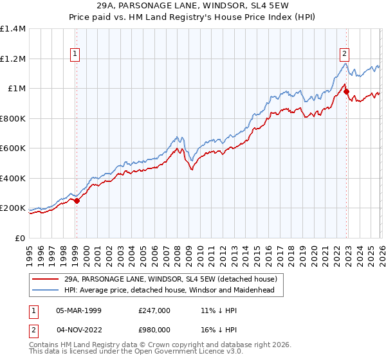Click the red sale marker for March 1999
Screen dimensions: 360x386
[x=77, y=201]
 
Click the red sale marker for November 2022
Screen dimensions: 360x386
[x=346, y=92]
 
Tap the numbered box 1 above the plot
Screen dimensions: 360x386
[x=76, y=54]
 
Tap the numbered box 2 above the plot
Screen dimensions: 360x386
[x=345, y=54]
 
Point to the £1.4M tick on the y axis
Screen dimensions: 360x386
[x=13, y=29]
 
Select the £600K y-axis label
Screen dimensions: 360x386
[x=13, y=148]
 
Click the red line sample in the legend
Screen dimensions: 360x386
[x=46, y=280]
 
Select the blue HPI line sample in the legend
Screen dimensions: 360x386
[x=46, y=291]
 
